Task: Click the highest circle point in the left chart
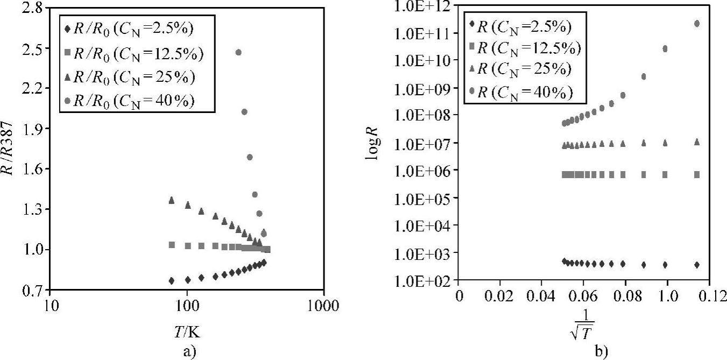pos(238,52)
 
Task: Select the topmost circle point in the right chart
pos(697,24)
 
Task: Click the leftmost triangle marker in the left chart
pos(172,200)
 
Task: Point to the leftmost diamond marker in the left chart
pos(172,281)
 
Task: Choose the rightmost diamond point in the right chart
pos(697,265)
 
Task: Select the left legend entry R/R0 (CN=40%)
pos(132,101)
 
